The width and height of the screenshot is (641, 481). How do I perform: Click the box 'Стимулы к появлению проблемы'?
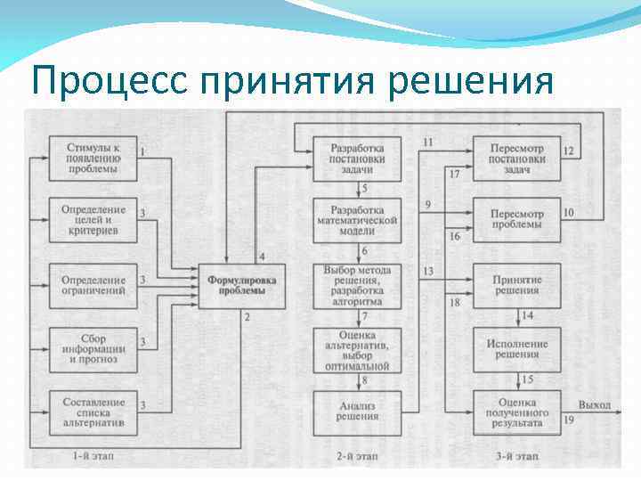coord(93,158)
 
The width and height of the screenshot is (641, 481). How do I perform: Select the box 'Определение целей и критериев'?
coord(93,220)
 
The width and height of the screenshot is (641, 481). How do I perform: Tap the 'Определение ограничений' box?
coord(93,284)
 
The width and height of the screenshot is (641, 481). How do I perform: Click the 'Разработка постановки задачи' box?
coord(357,158)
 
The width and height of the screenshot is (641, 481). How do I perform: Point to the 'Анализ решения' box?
coord(357,412)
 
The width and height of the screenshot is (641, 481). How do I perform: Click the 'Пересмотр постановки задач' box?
coord(516,158)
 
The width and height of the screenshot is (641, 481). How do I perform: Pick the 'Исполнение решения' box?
coord(516,349)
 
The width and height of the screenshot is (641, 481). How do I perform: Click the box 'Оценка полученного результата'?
coord(516,412)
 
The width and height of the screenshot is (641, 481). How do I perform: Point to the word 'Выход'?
coord(595,405)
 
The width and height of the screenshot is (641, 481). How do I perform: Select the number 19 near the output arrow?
coord(568,420)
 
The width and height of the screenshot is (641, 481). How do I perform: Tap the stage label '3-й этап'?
coord(516,456)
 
